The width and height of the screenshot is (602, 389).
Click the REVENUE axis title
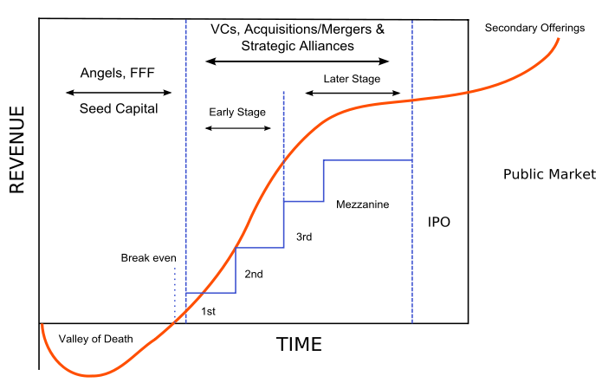(x=17, y=150)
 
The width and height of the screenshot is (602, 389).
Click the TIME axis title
(x=299, y=344)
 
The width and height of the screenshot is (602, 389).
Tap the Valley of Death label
(x=95, y=339)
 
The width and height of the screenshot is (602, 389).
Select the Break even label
(x=149, y=257)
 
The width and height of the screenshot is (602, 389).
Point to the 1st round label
(x=208, y=311)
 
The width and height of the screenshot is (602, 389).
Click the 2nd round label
(x=254, y=274)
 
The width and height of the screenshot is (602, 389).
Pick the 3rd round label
(x=304, y=237)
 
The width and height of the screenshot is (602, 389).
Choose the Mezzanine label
(x=362, y=204)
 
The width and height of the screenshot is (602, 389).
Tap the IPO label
(x=439, y=222)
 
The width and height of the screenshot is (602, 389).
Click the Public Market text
(x=550, y=174)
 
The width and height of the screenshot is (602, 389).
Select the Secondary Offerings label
(x=534, y=28)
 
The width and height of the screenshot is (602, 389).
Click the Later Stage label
(x=352, y=79)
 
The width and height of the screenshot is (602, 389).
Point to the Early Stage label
(x=237, y=112)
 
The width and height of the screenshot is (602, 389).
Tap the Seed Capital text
(x=119, y=108)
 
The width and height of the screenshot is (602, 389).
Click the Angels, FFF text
(x=118, y=73)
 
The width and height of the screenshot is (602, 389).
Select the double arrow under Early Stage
(x=238, y=128)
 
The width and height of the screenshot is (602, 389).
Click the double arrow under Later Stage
(x=353, y=93)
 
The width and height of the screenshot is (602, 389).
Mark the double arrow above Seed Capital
(x=119, y=93)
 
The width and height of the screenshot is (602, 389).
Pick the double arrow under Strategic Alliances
(x=298, y=61)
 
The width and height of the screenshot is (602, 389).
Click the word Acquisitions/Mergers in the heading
(x=307, y=29)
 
